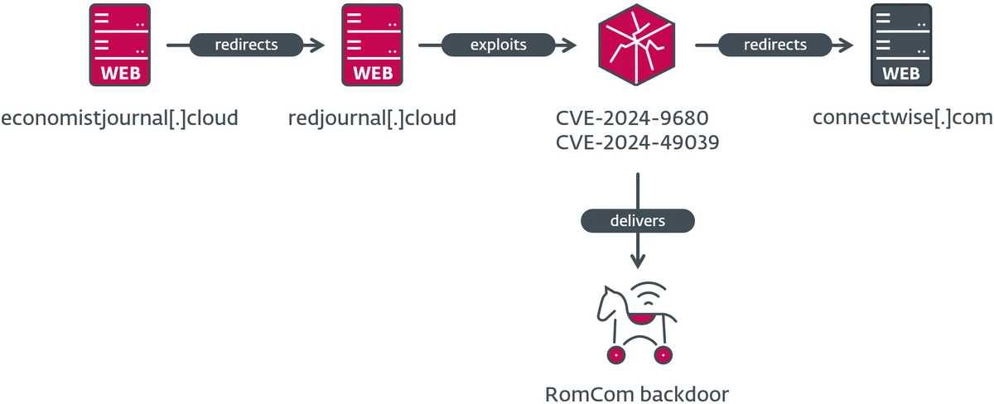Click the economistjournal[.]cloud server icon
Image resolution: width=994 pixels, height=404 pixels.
(121, 45)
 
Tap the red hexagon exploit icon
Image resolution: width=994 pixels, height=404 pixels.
(635, 45)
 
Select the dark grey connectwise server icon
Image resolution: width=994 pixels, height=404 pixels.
(901, 45)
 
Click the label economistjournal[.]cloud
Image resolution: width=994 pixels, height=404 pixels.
(119, 118)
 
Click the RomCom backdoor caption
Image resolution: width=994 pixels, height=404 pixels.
(637, 392)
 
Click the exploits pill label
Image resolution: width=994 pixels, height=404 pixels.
(497, 45)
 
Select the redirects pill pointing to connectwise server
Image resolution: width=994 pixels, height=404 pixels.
(774, 45)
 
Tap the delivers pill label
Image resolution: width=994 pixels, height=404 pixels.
(637, 221)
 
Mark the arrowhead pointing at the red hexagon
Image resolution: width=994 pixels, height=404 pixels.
(570, 45)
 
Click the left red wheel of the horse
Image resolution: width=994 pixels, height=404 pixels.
(615, 354)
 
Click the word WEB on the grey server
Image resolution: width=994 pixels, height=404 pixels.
(901, 73)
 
